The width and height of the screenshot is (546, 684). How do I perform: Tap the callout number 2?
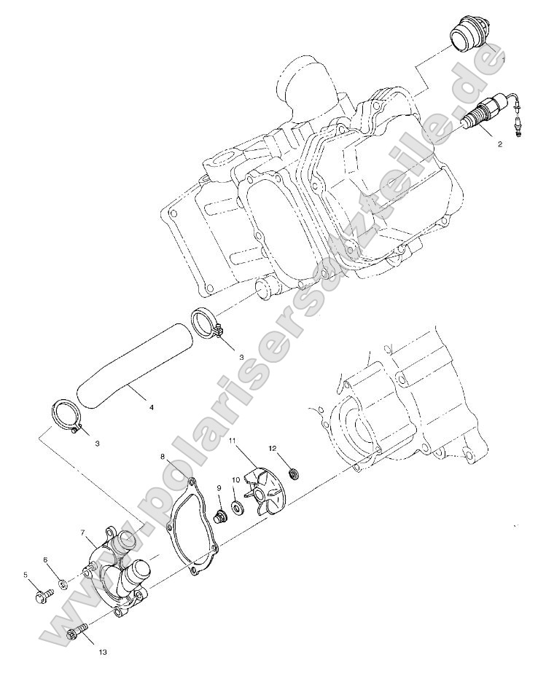tap(499, 144)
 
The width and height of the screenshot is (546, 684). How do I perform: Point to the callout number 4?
tap(152, 408)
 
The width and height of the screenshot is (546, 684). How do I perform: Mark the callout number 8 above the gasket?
tap(162, 457)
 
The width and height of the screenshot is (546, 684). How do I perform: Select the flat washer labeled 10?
tap(238, 507)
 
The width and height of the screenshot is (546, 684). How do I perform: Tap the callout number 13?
tap(102, 653)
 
